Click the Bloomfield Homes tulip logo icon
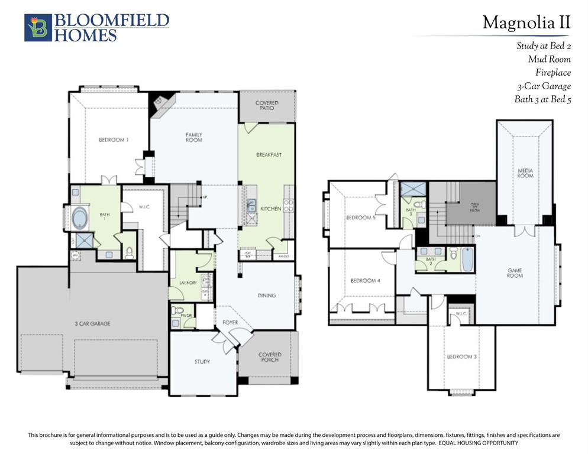tap(38, 28)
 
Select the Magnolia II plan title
tap(526, 22)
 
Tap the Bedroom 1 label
tap(113, 140)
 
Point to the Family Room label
tap(194, 137)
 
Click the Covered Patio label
tap(267, 105)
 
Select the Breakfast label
tap(269, 155)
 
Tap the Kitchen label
tap(271, 209)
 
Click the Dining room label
tap(267, 296)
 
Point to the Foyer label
tap(230, 323)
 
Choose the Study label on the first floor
tap(202, 361)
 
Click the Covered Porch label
tap(270, 358)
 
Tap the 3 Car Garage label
tap(92, 323)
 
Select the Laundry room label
tap(188, 283)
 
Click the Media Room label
tap(525, 173)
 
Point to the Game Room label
tap(515, 273)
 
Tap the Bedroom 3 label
tap(460, 356)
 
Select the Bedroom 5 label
tap(360, 218)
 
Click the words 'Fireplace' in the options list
tap(553, 73)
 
